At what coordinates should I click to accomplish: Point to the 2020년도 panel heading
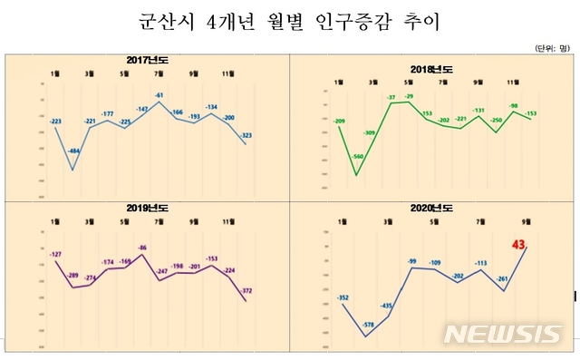pos(432,208)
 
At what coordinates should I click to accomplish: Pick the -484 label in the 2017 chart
pos(74,151)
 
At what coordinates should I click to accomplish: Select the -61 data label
pos(159,95)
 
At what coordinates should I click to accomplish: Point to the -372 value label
pos(246,291)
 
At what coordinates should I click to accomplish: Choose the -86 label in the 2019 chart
pos(141,248)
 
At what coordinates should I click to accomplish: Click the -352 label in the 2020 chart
pos(343,297)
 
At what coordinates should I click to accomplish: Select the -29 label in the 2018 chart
pos(408,96)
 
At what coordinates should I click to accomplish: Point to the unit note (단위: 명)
pos(552,47)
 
